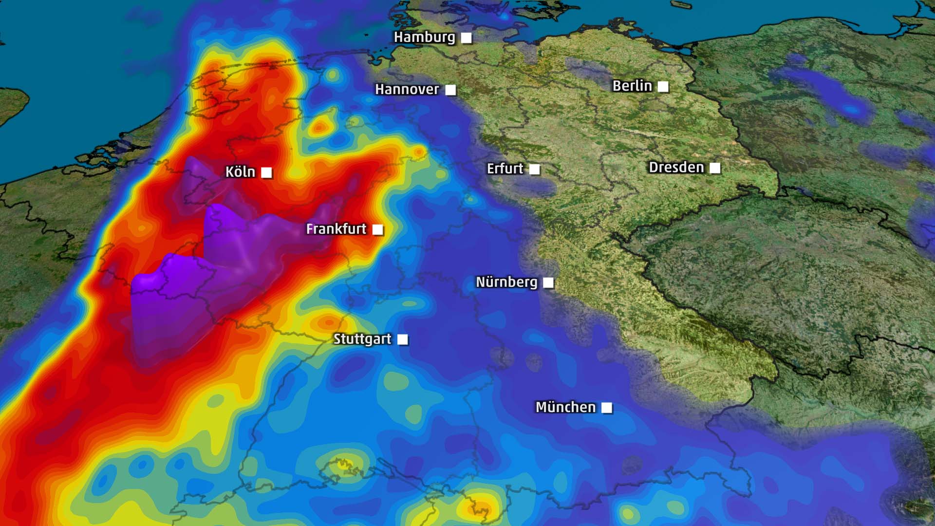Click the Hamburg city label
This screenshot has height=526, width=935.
pyautogui.click(x=424, y=37)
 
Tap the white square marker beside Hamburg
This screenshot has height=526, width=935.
pyautogui.click(x=467, y=38)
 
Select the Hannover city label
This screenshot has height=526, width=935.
pyautogui.click(x=407, y=89)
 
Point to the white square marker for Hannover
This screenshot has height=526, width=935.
pyautogui.click(x=450, y=90)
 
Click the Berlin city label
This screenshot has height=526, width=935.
pyautogui.click(x=632, y=86)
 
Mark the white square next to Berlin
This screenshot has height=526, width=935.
pyautogui.click(x=663, y=87)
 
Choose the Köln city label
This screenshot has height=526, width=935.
pyautogui.click(x=240, y=171)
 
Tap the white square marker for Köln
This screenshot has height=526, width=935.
pyautogui.click(x=266, y=172)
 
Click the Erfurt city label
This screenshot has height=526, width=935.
pyautogui.click(x=505, y=169)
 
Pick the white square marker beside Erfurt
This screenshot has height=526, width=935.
pyautogui.click(x=534, y=169)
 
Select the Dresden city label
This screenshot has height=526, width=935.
pyautogui.click(x=676, y=168)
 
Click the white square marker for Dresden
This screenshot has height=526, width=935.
pyautogui.click(x=715, y=168)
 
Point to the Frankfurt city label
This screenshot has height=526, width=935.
pyautogui.click(x=336, y=229)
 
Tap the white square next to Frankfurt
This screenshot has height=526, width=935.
pyautogui.click(x=377, y=229)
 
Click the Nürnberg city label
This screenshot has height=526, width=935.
pyautogui.click(x=506, y=282)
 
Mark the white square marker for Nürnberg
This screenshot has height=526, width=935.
pyautogui.click(x=548, y=282)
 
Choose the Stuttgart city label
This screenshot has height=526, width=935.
pyautogui.click(x=362, y=339)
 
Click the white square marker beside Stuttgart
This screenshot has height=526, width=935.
pyautogui.click(x=403, y=339)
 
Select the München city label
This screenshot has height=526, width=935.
pyautogui.click(x=565, y=407)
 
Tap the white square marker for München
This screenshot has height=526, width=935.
pyautogui.click(x=607, y=408)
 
